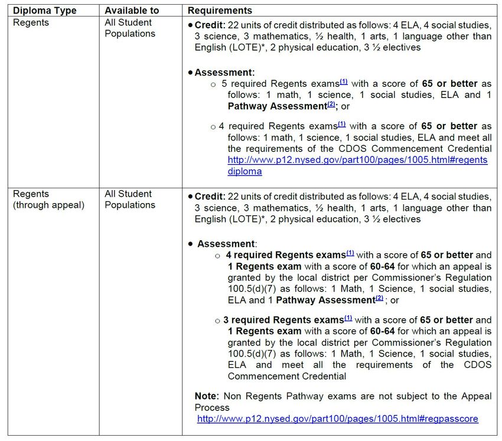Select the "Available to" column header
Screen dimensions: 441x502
129,11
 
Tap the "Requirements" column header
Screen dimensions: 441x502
220,11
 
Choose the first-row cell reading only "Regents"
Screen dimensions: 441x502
31,23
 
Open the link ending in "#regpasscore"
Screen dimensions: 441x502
337,419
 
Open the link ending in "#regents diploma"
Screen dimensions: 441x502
357,166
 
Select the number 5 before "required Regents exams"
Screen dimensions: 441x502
224,84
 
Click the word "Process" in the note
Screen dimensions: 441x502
212,407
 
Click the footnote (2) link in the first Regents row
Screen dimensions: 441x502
331,105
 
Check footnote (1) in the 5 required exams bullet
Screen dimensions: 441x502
344,82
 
